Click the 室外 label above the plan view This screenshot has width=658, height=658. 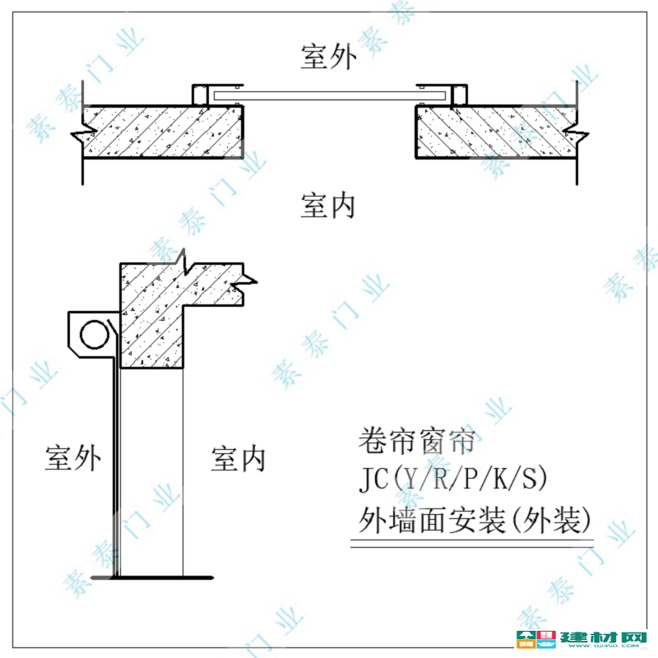tap(328, 56)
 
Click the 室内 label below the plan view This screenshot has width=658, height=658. tap(327, 206)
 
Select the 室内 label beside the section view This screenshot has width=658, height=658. tap(238, 459)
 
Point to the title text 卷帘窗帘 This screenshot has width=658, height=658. tap(416, 441)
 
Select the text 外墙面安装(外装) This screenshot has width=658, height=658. tap(475, 520)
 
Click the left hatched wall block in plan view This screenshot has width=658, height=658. tap(163, 132)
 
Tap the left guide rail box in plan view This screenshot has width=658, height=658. tap(201, 95)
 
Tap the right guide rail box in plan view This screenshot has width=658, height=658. tap(459, 95)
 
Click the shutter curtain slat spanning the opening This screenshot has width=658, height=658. tap(330, 95)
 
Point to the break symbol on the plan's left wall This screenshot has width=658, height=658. tap(84, 134)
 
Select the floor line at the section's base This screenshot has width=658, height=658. tap(152, 578)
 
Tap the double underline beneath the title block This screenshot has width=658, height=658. tap(472, 543)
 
